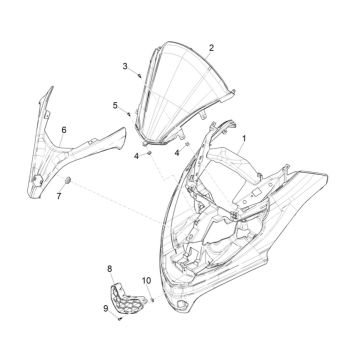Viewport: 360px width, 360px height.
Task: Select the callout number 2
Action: point(211,48)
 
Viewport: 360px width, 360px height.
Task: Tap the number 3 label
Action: point(124,67)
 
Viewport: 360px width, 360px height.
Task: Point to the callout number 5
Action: point(115,105)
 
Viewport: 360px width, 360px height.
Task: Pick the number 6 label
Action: point(64,129)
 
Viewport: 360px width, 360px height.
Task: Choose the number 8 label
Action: point(110,268)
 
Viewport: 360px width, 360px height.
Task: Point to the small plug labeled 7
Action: point(67,179)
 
